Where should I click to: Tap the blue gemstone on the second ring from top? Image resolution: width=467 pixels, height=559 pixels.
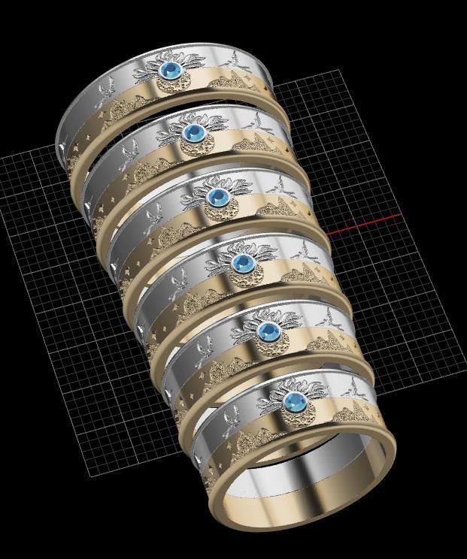click(195, 133)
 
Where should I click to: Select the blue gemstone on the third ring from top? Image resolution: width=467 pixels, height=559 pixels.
click(218, 197)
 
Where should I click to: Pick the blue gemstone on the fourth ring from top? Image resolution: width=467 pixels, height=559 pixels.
click(242, 263)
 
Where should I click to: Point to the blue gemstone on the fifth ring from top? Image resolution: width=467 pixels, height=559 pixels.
click(267, 331)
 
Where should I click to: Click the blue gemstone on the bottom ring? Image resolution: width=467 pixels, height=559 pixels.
click(293, 400)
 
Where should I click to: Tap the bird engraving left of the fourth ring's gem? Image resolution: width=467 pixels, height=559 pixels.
click(178, 283)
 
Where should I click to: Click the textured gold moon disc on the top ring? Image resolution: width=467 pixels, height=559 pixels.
click(174, 84)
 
